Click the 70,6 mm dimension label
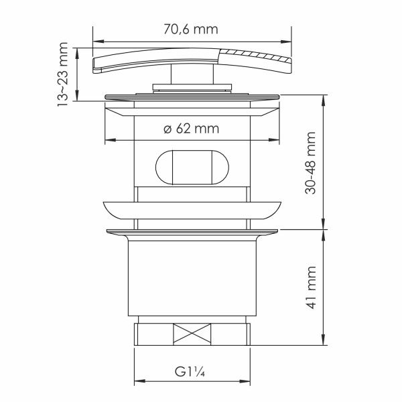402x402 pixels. [x=191, y=29]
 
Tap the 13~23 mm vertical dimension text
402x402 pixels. [x=62, y=74]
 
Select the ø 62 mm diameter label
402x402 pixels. [x=191, y=129]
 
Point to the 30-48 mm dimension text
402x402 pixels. [x=310, y=163]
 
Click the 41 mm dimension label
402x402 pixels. [x=311, y=287]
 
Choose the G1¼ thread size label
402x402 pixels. [x=190, y=372]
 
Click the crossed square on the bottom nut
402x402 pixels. [x=192, y=334]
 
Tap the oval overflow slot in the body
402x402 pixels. [x=192, y=167]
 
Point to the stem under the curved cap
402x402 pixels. [x=192, y=74]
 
